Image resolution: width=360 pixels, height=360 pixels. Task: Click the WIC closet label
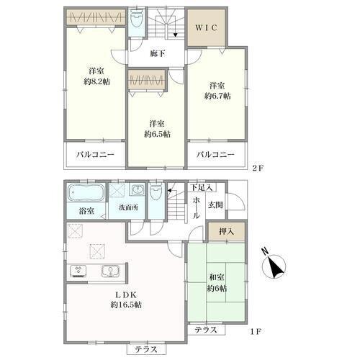tap(206, 27)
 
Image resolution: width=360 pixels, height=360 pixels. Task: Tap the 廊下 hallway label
tap(158, 53)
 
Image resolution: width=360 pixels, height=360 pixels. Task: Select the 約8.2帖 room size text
tap(96, 82)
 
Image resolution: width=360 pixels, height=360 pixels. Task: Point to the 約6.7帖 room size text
tap(217, 96)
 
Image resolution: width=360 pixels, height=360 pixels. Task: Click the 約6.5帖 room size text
tap(157, 134)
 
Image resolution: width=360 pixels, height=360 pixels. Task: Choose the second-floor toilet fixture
tap(136, 22)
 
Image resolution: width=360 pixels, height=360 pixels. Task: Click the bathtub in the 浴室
tap(86, 193)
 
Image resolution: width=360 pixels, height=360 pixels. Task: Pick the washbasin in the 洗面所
tap(138, 189)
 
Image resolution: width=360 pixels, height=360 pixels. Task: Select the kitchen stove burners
tap(78, 271)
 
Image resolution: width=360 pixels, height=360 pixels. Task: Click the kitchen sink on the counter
tap(110, 271)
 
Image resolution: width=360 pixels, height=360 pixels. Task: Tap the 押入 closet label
tap(226, 232)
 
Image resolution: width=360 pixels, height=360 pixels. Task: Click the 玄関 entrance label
tap(215, 205)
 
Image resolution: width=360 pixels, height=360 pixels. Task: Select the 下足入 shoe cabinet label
tap(202, 187)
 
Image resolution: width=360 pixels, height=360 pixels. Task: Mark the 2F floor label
tap(258, 168)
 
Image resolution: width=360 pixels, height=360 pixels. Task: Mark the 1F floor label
tap(256, 332)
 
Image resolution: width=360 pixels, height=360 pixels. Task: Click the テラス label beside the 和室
tap(206, 330)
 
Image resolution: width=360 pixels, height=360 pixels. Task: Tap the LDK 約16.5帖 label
tap(126, 300)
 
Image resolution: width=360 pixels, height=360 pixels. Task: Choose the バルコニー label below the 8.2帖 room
tap(95, 154)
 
